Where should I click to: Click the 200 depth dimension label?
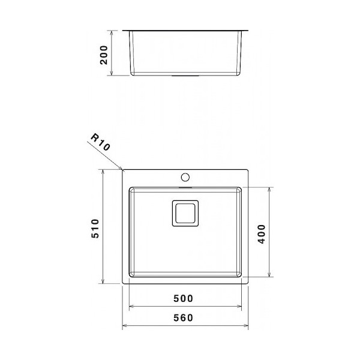click(x=104, y=55)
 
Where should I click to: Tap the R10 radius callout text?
click(x=101, y=142)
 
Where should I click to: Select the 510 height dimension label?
click(x=95, y=229)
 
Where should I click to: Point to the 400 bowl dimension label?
click(x=261, y=234)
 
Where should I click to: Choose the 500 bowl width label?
click(x=183, y=298)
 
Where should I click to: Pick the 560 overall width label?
click(x=183, y=318)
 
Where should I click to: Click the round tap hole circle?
click(x=185, y=177)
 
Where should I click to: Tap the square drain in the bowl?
click(x=185, y=213)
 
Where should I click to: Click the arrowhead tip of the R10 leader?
click(x=122, y=170)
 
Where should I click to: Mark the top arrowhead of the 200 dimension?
click(x=112, y=31)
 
